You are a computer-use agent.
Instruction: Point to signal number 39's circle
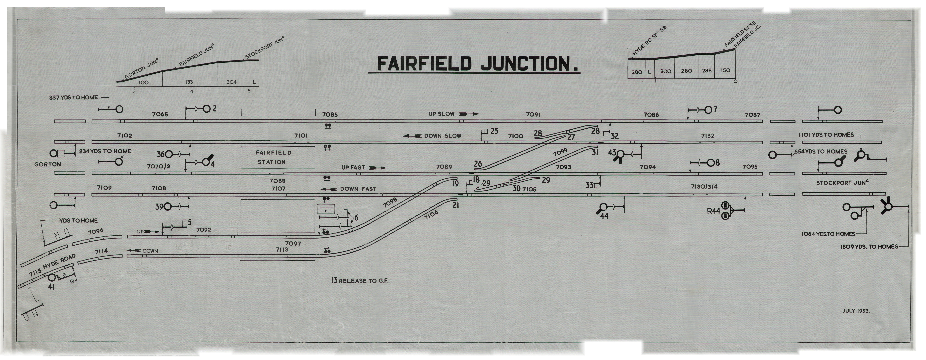(x=169, y=207)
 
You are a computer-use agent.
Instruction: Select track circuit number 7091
(x=533, y=115)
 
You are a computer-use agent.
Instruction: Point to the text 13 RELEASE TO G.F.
(x=359, y=280)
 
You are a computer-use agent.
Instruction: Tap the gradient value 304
(x=231, y=82)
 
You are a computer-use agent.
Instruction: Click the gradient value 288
(x=707, y=71)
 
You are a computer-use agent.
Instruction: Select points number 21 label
(x=456, y=206)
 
